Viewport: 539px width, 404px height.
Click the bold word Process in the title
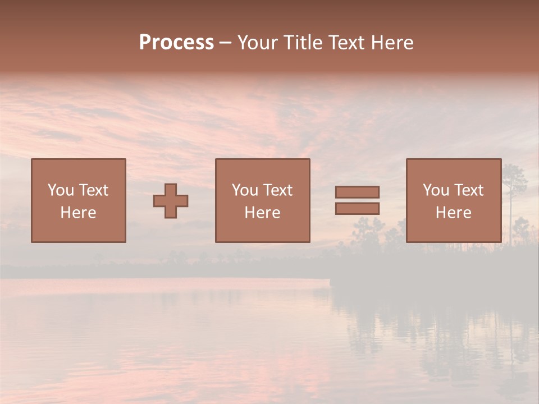click(x=176, y=43)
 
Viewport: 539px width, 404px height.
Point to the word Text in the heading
click(x=347, y=43)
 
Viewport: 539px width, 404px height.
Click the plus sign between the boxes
click(x=171, y=201)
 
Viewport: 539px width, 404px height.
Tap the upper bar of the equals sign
click(x=357, y=192)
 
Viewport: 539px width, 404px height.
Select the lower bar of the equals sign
click(x=357, y=208)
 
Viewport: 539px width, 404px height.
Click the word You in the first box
click(x=60, y=190)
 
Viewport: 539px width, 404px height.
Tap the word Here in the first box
click(x=79, y=213)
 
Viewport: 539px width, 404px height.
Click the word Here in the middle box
click(x=263, y=213)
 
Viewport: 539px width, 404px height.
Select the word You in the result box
click(x=436, y=190)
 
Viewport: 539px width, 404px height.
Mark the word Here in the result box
click(x=454, y=213)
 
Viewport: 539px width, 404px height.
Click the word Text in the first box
click(x=93, y=190)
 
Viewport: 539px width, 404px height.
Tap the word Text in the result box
click(x=469, y=190)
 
